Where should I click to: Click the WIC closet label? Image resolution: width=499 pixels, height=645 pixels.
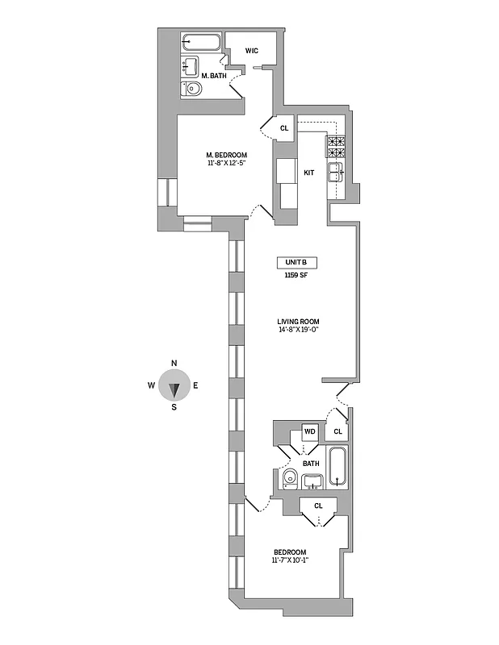coord(251,51)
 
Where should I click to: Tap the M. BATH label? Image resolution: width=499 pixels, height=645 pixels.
coord(212,75)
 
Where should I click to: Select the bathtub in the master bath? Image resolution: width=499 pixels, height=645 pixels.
coord(200,43)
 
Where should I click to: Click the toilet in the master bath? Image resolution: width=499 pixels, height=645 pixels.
coord(192,89)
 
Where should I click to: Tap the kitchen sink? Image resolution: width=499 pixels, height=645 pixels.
coord(334,170)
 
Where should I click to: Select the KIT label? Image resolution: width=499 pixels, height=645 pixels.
coord(308,173)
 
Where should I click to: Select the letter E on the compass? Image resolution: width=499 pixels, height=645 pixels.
coord(195,385)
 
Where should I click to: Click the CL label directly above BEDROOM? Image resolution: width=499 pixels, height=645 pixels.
coord(318,506)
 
